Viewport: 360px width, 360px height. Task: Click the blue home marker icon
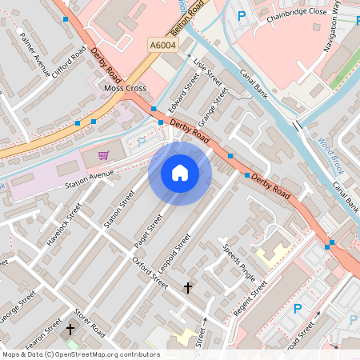pos(180,173)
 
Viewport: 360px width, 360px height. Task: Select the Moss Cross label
pos(125,88)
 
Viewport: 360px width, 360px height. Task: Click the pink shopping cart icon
pos(103,154)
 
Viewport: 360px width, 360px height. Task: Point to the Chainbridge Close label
pos(298,34)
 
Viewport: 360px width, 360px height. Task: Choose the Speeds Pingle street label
pos(239,262)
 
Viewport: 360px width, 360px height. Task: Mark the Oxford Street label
pos(150,273)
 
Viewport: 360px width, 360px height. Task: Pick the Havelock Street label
pos(64,224)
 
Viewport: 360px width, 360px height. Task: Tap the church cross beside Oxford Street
pos(189,287)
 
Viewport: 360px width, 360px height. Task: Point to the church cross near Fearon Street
pos(70,329)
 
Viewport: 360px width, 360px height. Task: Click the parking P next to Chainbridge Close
pos(241,15)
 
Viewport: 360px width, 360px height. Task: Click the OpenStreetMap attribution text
pos(80,354)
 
